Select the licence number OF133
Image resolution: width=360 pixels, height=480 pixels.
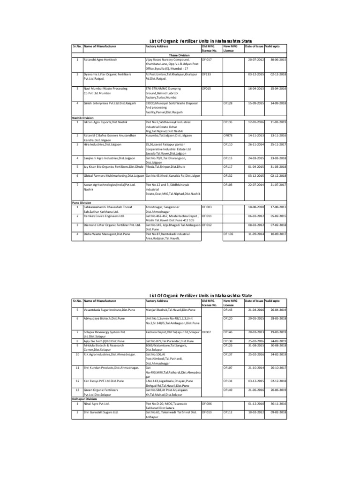coord(206,74)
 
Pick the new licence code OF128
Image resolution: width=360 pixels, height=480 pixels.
coord(228,102)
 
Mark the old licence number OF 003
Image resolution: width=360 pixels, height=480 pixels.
coord(207,206)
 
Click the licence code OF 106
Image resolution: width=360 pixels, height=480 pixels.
coord(228,233)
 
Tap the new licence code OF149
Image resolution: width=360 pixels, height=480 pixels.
coord(228,389)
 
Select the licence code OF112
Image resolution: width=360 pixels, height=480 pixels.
coord(228,412)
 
